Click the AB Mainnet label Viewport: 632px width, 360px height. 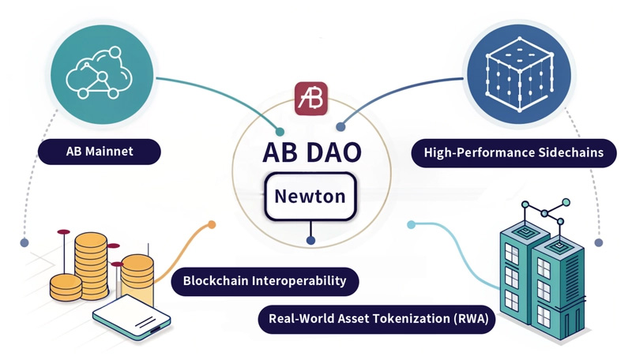coord(99,150)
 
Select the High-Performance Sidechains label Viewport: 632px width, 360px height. coord(514,152)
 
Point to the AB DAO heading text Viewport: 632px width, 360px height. coord(310,152)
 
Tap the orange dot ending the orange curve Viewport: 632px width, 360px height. coord(211,224)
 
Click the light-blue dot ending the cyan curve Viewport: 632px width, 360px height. coord(411,225)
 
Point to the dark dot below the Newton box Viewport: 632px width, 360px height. coord(310,240)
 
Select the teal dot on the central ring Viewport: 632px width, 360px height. coord(279,130)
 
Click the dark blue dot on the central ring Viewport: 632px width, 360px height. coord(341,127)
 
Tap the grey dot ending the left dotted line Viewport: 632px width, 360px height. coord(25,242)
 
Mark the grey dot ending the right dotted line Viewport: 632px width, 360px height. coord(598,243)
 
